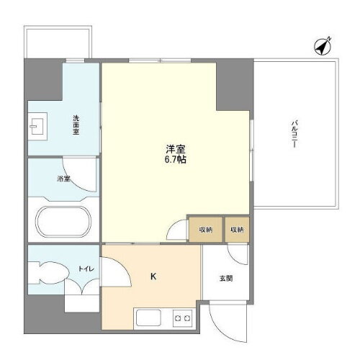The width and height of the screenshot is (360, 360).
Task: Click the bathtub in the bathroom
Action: coord(62,221)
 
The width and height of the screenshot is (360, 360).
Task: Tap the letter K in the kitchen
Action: coord(153,276)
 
